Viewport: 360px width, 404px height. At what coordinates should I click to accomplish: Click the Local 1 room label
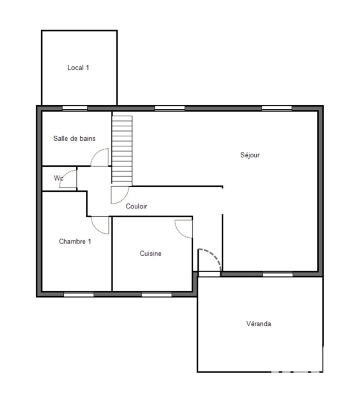coord(78,68)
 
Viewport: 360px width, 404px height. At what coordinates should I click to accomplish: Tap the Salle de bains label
coord(74,138)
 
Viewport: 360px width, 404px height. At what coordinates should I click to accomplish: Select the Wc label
coord(58,178)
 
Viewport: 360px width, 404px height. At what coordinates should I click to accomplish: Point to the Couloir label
coord(136,206)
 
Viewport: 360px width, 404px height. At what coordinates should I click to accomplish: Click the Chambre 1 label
coord(75,241)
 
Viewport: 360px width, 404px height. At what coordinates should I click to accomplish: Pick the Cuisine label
coord(151,253)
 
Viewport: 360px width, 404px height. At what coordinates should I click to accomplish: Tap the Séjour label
coord(250,155)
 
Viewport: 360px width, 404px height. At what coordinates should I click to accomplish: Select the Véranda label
coord(258,324)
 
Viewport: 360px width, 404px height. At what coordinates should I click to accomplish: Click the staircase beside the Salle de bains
coord(122,151)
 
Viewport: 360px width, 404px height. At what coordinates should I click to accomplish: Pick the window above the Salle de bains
coord(75,108)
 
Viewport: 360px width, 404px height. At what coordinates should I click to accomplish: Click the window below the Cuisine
coord(156,294)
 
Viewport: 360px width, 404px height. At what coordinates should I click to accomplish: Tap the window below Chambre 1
coord(78,294)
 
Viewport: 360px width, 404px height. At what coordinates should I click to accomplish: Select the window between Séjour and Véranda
coord(278,274)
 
